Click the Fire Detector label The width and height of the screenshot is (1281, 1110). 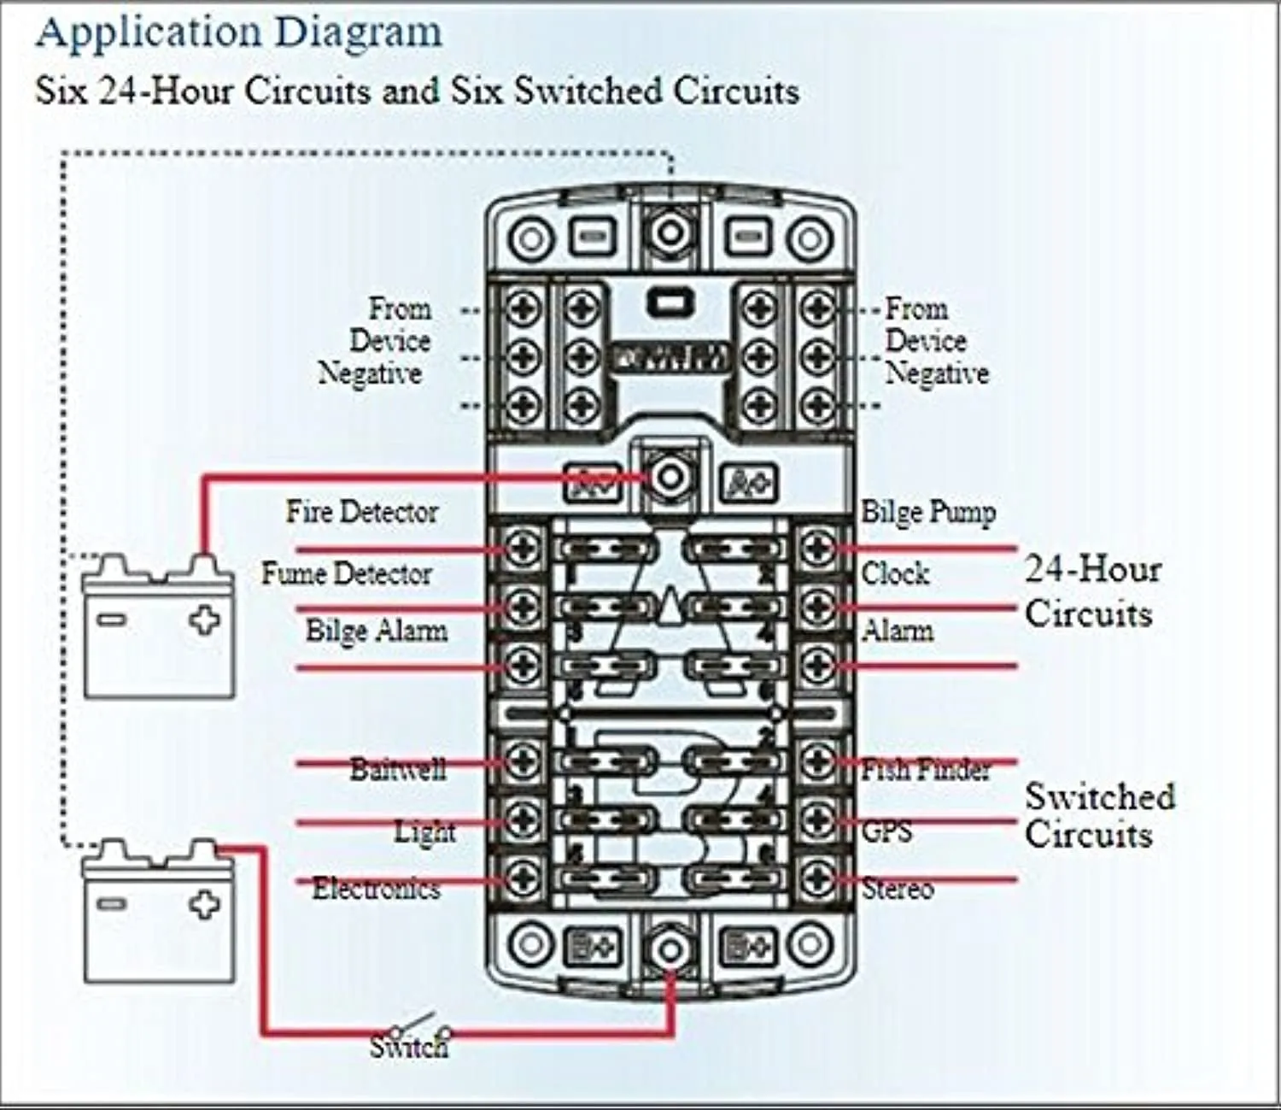361,512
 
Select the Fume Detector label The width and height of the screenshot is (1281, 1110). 346,573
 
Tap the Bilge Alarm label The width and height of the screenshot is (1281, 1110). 376,631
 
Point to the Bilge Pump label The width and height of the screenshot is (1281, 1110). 928,512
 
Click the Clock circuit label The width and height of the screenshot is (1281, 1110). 894,573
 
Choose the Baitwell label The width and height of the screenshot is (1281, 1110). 398,769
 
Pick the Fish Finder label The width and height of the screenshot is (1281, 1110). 926,769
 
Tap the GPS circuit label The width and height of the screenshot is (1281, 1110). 886,830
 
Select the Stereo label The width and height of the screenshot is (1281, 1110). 897,889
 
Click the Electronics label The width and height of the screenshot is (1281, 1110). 376,889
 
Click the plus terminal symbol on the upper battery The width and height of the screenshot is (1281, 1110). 204,620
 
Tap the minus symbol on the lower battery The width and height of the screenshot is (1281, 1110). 112,902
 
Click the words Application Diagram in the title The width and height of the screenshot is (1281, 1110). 239,32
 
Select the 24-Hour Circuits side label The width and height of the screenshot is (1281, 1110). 1092,591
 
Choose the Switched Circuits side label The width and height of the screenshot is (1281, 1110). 1099,815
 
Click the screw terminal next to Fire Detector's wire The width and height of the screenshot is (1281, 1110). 522,548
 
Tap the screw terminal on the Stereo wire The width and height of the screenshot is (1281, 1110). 818,878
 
